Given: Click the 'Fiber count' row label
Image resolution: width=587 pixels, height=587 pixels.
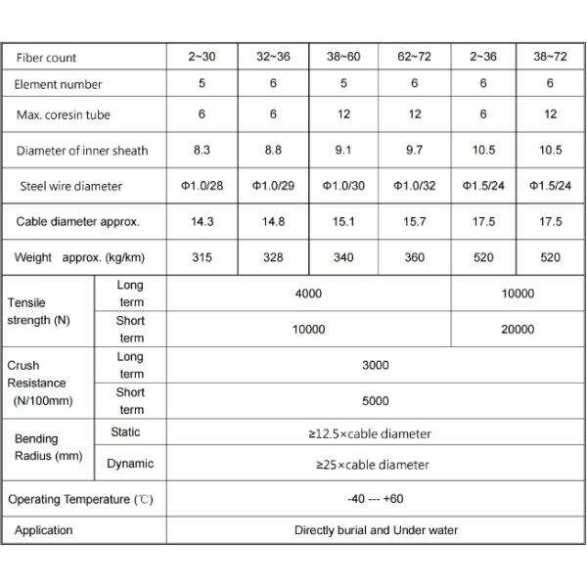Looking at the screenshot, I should [x=47, y=58].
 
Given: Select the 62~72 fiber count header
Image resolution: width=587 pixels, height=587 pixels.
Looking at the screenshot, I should [x=415, y=58].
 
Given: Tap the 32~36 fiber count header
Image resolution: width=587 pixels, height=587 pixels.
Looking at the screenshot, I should [x=274, y=58].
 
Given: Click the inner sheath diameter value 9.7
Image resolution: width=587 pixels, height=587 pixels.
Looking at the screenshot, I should [x=415, y=150].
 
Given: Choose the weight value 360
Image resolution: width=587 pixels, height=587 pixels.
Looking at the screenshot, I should [x=415, y=258].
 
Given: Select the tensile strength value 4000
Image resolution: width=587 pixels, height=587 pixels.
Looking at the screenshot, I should [x=309, y=293].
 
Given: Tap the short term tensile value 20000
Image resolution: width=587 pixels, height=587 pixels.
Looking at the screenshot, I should [x=518, y=330].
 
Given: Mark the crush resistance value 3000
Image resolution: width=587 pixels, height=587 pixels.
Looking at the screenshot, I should [x=376, y=365].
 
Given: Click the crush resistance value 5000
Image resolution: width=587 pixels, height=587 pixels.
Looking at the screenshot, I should [x=376, y=400].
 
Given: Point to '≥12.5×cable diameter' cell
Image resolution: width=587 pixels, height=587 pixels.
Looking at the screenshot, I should [x=376, y=433].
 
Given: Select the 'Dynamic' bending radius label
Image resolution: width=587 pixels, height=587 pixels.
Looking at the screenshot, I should [x=129, y=464].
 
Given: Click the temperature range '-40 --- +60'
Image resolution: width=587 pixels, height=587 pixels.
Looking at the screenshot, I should [x=376, y=499].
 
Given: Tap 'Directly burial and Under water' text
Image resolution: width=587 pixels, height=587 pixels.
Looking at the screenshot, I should [x=376, y=530].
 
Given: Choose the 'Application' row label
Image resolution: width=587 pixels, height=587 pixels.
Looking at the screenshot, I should [x=43, y=530].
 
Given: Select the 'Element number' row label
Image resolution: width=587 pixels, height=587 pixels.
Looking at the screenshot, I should [x=59, y=85].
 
